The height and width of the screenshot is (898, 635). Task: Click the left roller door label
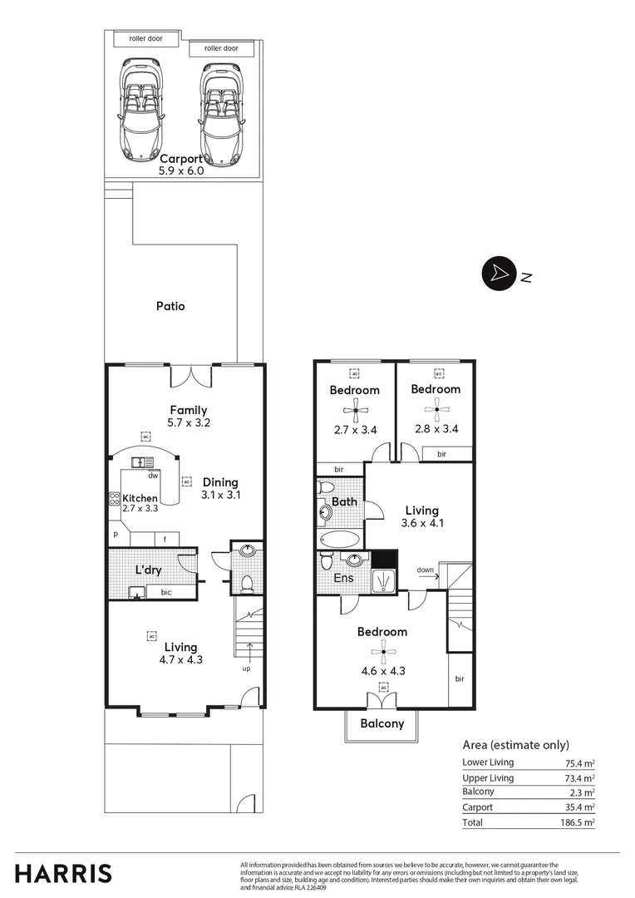[x=145, y=39]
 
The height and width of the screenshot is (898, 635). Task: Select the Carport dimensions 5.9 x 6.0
[x=181, y=170]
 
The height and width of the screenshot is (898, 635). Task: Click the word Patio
[x=170, y=306]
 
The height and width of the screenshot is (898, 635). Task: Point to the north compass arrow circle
[x=497, y=274]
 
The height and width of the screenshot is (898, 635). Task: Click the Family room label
[x=189, y=410]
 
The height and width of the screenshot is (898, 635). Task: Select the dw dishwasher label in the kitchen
[x=153, y=476]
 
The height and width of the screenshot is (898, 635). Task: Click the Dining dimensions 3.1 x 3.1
[x=219, y=495]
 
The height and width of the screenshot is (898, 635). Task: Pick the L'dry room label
[x=148, y=570]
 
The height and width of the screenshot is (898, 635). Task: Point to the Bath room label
[x=344, y=501]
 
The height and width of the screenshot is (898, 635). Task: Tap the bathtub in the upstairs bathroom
[x=339, y=539]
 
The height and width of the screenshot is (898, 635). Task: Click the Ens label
[x=343, y=578]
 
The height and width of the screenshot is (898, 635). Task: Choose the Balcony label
[x=382, y=723]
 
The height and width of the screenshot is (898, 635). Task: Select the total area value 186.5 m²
[x=578, y=822]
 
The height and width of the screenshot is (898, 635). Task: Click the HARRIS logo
[x=63, y=873]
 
